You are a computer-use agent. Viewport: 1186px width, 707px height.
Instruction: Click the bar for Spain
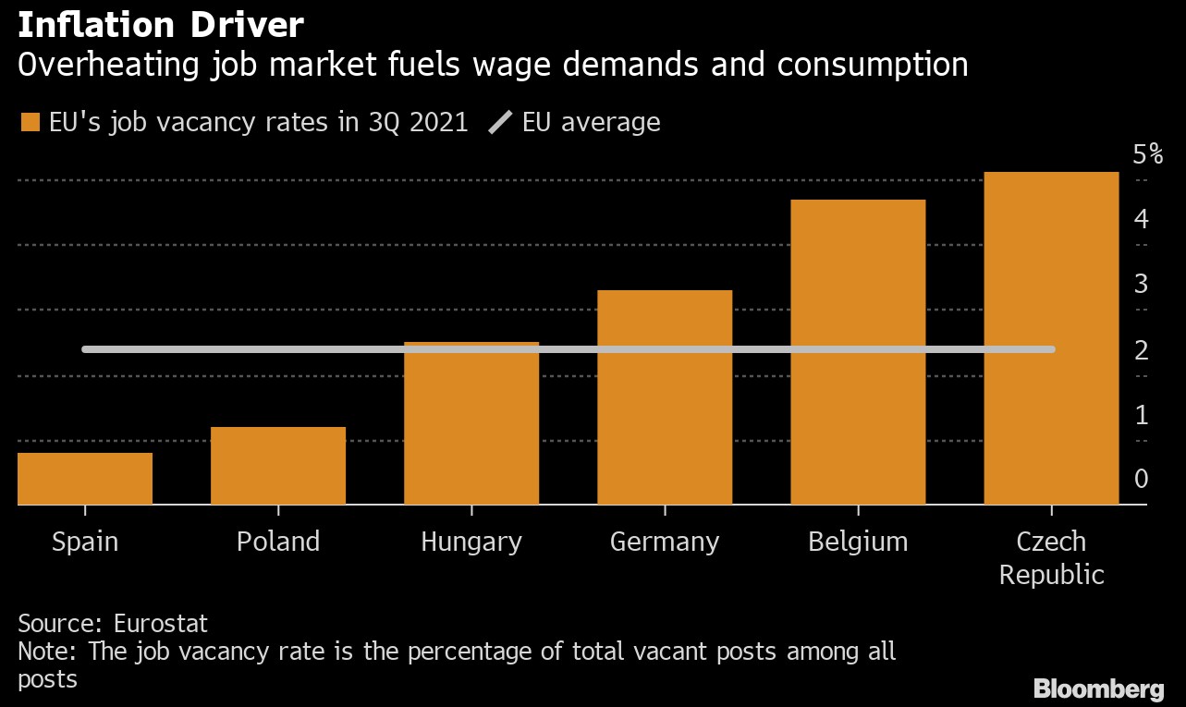(x=85, y=478)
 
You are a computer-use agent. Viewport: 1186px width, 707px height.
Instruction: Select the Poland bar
(x=278, y=465)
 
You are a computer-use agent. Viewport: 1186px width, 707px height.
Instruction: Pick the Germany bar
(x=665, y=396)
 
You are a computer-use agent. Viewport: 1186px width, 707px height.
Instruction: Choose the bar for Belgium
(x=858, y=351)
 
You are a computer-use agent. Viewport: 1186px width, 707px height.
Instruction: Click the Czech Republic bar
(x=1051, y=337)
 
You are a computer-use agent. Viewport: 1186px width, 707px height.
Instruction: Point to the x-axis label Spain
(x=85, y=541)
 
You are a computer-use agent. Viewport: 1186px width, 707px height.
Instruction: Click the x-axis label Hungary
(x=471, y=541)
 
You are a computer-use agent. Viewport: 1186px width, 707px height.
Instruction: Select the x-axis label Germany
(x=665, y=541)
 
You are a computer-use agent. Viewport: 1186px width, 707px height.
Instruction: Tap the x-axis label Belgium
(x=858, y=541)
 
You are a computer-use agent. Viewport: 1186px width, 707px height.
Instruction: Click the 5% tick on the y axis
(x=1147, y=154)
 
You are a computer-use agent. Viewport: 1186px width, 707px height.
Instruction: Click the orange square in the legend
(x=31, y=123)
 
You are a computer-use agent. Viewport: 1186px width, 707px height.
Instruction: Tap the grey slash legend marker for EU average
(x=500, y=123)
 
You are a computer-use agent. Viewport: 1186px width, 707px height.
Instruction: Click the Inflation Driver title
(x=160, y=25)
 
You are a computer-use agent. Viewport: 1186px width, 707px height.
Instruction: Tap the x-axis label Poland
(x=278, y=541)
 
